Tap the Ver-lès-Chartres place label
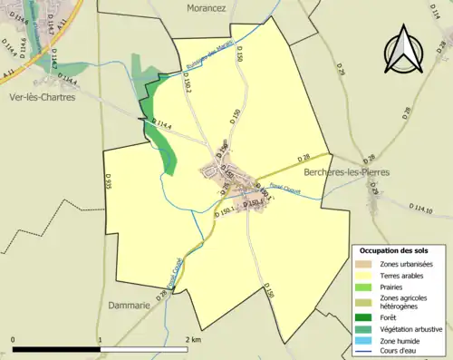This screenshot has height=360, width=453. pos(42,97)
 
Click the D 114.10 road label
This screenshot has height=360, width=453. pos(421,209)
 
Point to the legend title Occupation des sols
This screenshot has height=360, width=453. pos(396,249)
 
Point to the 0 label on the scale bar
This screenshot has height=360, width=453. pos(14,339)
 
